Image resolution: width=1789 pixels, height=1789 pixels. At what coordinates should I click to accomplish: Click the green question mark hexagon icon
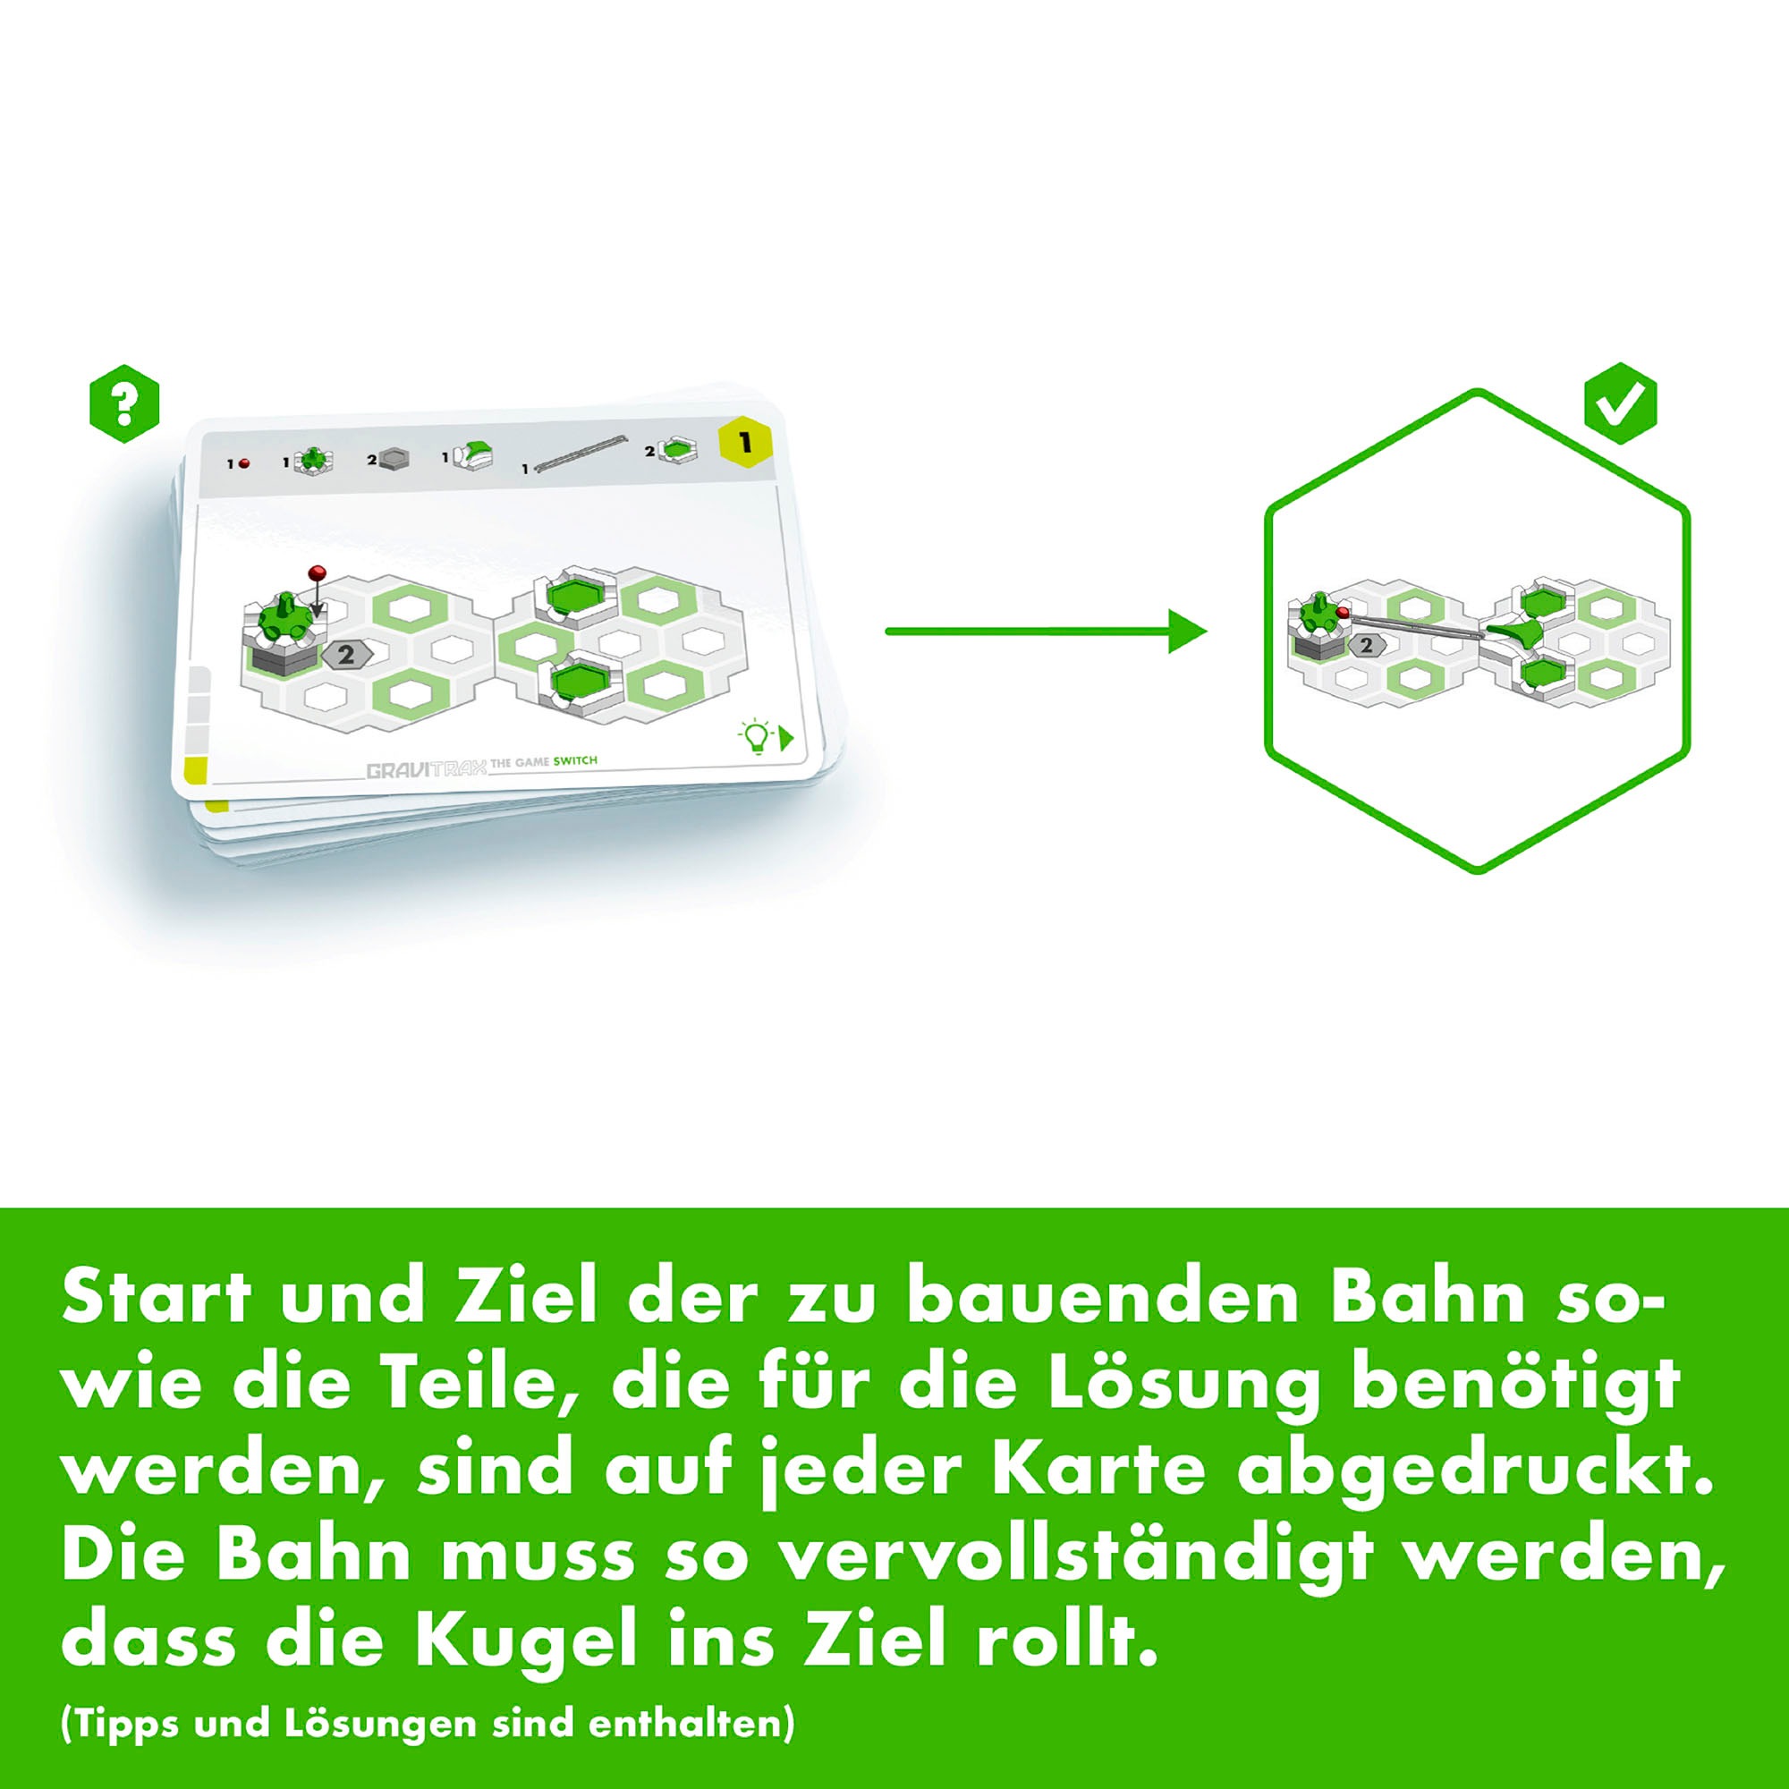coord(124,403)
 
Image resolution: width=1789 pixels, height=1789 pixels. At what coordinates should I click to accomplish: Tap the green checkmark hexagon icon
coord(1620,403)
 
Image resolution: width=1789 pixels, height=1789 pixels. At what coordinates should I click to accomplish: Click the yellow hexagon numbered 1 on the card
coord(745,443)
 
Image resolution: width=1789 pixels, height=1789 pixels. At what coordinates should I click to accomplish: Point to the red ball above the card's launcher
coord(318,572)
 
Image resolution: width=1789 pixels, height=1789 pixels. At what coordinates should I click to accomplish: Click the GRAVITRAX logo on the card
coord(426,769)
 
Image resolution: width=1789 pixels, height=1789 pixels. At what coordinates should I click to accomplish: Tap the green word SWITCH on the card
coord(575,761)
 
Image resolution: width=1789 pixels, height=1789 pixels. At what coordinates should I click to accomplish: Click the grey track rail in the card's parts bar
coord(576,454)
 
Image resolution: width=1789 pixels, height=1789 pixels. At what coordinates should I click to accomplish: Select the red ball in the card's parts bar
coord(244,463)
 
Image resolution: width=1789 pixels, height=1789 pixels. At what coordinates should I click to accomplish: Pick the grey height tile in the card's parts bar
coord(394,459)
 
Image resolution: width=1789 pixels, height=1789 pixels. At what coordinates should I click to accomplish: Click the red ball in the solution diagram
coord(1343,613)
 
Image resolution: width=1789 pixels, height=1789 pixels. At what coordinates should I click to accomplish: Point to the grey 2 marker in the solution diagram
coord(1366,647)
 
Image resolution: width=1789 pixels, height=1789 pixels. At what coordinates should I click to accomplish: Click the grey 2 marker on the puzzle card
coord(346,655)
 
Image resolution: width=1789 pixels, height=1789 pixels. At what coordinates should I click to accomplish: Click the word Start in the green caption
coord(157,1296)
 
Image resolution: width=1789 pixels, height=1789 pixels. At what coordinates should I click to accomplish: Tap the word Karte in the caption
coord(1099,1469)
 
